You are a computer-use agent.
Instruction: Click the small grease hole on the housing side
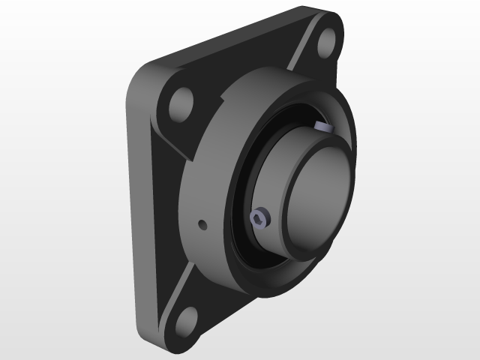[201, 224]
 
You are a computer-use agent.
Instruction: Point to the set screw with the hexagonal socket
[258, 220]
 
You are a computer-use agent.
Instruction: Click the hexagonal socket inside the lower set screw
[258, 220]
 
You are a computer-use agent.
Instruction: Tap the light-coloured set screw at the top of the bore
[323, 125]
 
